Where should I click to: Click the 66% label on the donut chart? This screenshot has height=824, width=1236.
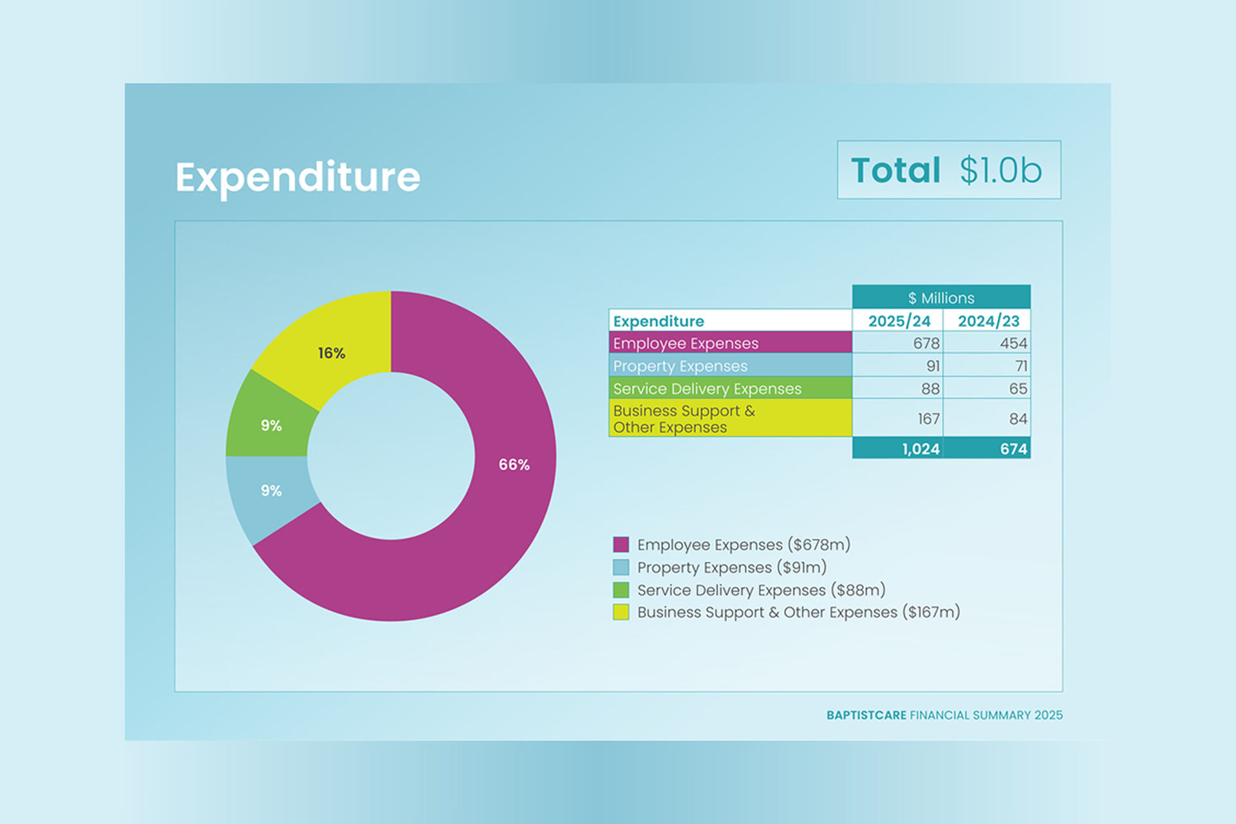tap(514, 465)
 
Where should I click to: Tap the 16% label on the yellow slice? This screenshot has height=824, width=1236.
tap(332, 353)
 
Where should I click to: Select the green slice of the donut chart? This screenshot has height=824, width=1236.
tap(271, 426)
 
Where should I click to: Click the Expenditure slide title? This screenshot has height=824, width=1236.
tap(297, 177)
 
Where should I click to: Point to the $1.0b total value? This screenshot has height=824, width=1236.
tap(1000, 171)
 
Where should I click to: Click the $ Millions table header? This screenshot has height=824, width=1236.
tap(941, 298)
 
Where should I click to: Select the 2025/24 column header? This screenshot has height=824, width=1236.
tap(899, 321)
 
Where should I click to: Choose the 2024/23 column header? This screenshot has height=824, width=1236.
tap(988, 321)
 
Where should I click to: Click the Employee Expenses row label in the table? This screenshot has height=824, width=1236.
tap(686, 343)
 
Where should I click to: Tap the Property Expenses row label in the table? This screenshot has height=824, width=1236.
tap(680, 366)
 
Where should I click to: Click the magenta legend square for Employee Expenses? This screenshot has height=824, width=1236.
tap(621, 545)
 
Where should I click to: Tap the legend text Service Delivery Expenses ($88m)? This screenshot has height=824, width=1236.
tap(761, 590)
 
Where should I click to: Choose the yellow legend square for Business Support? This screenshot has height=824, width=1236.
tap(621, 612)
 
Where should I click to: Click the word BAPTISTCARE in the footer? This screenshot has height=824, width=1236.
tap(866, 715)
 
